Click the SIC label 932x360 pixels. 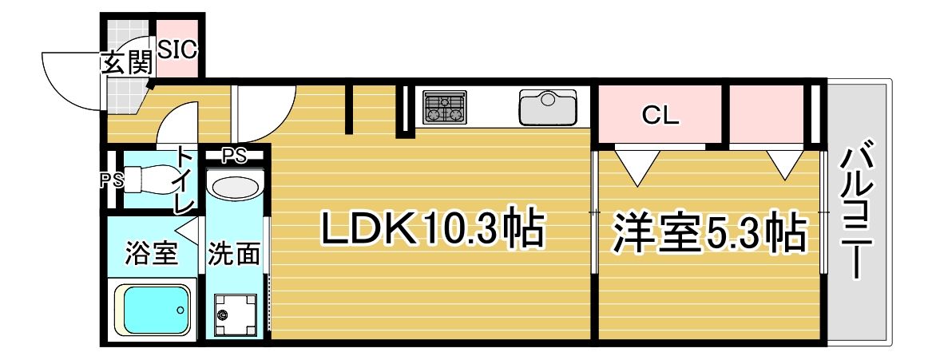tap(176, 49)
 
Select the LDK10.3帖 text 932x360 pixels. tap(432, 230)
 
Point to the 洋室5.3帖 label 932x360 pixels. tap(708, 232)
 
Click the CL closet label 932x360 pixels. tap(660, 117)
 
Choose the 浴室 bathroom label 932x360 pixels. tap(150, 255)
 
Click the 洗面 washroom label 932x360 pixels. tap(234, 255)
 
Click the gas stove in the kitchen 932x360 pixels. tap(444, 108)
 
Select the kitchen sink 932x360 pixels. tap(548, 108)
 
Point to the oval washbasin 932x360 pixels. tap(235, 189)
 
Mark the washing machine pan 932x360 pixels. tap(234, 314)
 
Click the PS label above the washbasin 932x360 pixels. tap(234, 154)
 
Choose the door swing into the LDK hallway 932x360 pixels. tap(264, 112)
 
